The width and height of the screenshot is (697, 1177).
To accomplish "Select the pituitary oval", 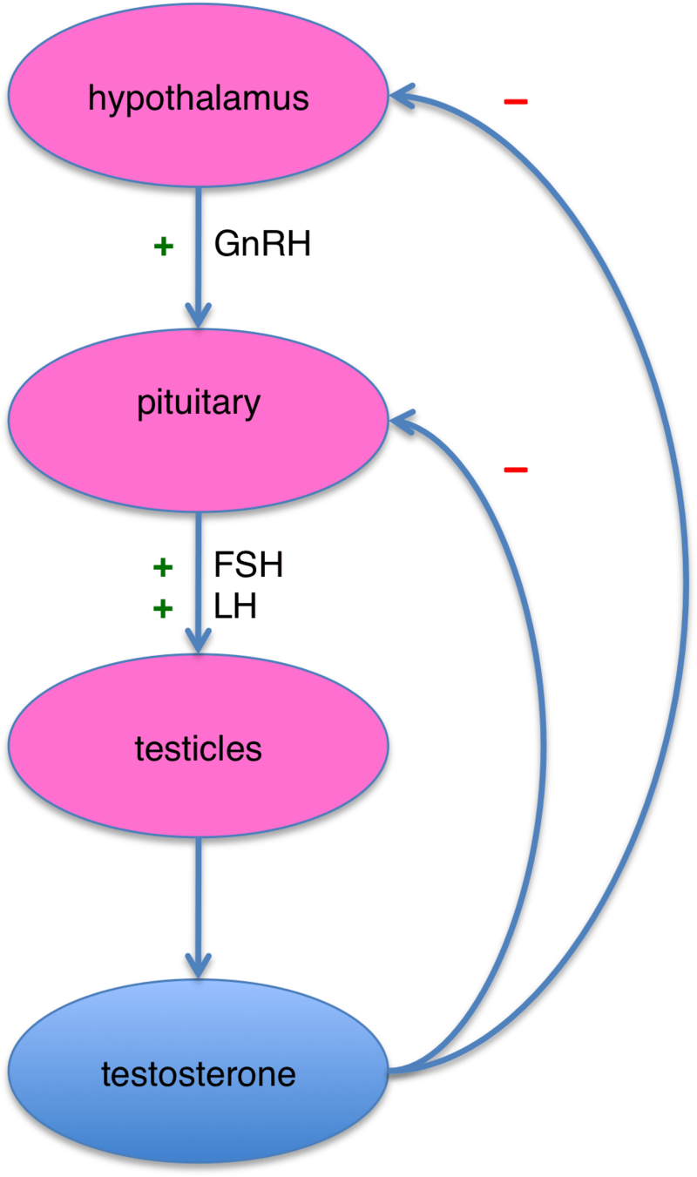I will tap(199, 453).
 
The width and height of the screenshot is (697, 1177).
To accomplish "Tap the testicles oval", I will tap(199, 784).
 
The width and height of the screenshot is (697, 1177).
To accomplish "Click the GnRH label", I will tap(262, 246).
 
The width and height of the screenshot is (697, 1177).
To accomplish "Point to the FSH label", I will tap(248, 566).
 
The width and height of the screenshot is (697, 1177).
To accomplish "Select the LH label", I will tap(235, 607).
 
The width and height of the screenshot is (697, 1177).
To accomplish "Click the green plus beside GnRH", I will tap(162, 247).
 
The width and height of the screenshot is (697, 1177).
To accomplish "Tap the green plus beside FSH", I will tap(162, 568).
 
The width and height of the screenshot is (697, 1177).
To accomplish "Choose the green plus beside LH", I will tap(162, 609).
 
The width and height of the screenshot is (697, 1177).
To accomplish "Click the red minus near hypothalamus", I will tap(515, 102).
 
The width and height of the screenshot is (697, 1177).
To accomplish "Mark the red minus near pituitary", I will tap(515, 470).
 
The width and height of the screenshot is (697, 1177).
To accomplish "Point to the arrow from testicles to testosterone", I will tap(200, 906).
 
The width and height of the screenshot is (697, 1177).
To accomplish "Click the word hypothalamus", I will tap(199, 98).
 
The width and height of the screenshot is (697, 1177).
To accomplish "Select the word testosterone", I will tap(199, 1075).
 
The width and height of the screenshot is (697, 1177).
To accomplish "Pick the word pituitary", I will tap(199, 403).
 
